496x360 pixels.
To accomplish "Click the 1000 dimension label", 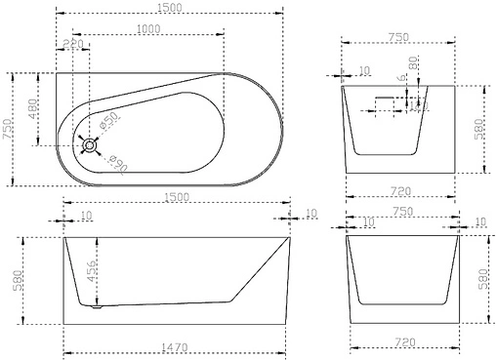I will click(x=149, y=28).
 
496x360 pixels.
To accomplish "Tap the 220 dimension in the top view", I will click(x=73, y=45).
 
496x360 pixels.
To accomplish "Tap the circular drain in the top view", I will click(x=90, y=145).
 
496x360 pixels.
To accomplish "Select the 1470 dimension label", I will click(x=176, y=345).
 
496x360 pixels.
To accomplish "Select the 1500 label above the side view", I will click(x=176, y=198).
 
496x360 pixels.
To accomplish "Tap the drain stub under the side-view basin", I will click(x=95, y=309).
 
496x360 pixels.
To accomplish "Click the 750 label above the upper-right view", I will click(x=401, y=34).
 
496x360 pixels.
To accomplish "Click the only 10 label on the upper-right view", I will click(x=364, y=70).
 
